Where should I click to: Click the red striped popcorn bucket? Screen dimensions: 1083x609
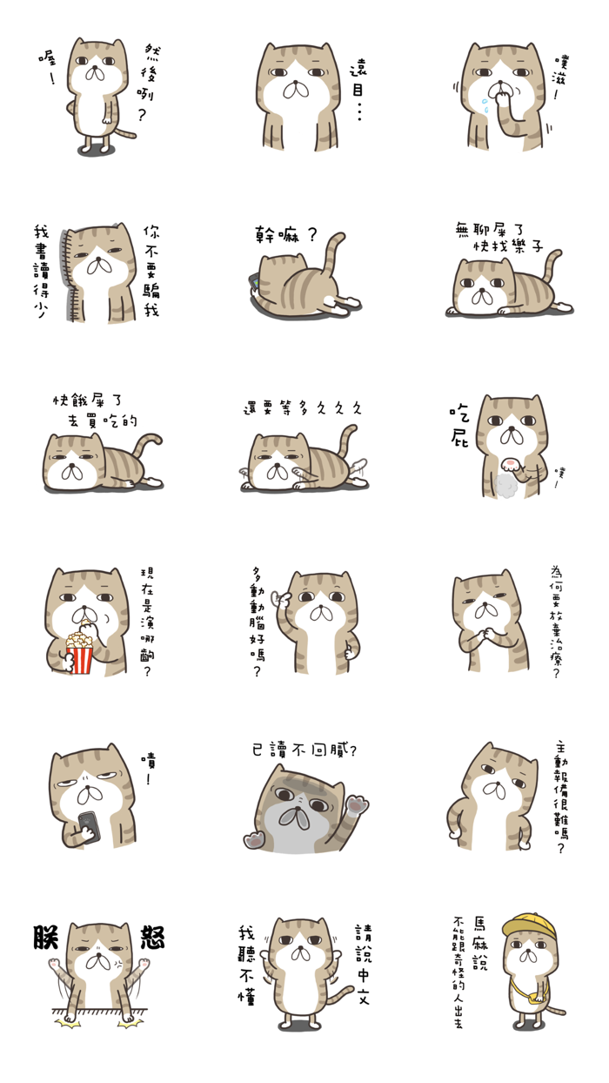pyautogui.click(x=79, y=654)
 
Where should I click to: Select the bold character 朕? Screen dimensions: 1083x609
pyautogui.click(x=47, y=938)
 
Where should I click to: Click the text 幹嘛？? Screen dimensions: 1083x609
pyautogui.click(x=285, y=235)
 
